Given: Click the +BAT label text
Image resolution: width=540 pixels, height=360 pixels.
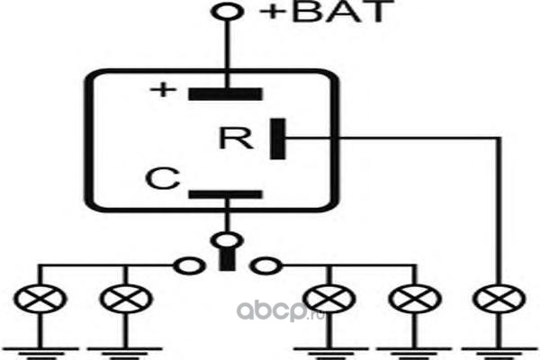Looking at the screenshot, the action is (x=327, y=12).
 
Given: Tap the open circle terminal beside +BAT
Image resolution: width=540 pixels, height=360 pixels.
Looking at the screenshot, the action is (x=228, y=12).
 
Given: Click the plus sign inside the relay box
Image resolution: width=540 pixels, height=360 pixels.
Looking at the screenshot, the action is (x=163, y=90).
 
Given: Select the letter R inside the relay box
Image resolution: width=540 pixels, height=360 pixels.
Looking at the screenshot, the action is (x=236, y=138).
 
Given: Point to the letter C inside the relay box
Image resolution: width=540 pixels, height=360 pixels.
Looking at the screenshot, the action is (x=163, y=178).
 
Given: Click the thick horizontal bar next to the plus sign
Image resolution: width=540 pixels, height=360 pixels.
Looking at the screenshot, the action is (x=225, y=94).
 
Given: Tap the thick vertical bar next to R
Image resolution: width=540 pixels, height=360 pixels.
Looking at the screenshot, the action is (x=277, y=139).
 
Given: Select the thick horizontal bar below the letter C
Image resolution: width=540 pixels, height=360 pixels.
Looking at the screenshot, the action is (x=226, y=194).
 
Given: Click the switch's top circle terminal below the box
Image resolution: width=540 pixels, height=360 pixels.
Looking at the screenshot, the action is (x=227, y=240).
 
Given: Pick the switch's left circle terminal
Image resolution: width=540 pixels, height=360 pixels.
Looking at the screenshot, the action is (x=189, y=266).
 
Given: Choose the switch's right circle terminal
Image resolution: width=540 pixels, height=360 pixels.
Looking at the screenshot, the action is (x=266, y=266).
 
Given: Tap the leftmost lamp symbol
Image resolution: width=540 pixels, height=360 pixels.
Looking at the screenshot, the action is (x=40, y=299).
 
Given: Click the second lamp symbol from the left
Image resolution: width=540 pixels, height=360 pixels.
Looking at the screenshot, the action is (x=126, y=299).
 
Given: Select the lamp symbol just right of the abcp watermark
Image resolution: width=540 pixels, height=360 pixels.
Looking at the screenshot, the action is (x=328, y=299).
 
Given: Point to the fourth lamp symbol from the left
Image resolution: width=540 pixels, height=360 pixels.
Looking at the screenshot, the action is (x=415, y=299).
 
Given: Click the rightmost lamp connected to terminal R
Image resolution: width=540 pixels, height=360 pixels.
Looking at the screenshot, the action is (x=499, y=299).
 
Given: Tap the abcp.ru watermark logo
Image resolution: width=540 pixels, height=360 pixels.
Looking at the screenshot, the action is (x=280, y=311).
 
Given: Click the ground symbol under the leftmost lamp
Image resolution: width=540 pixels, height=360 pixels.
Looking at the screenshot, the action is (x=40, y=353).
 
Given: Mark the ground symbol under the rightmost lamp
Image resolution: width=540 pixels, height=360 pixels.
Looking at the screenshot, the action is (x=499, y=353).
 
